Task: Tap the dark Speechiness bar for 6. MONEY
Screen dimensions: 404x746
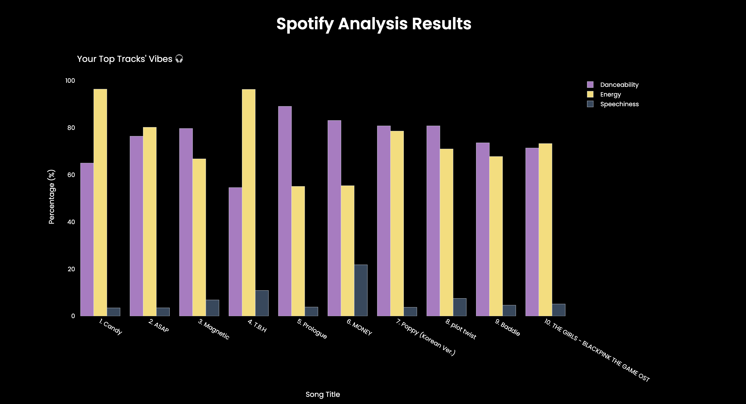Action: coord(361,290)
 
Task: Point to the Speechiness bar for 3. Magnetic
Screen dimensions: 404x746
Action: coord(212,308)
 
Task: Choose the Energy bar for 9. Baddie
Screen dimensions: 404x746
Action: coord(496,236)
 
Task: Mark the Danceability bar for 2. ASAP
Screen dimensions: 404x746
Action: coord(136,226)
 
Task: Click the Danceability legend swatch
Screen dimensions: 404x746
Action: coord(590,85)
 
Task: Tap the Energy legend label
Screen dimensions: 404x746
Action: coord(610,95)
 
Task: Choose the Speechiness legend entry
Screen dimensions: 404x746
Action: coord(619,104)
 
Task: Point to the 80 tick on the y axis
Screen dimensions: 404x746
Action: coord(71,128)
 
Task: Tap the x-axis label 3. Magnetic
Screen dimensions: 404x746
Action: coord(214,329)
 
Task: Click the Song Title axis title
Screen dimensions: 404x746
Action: coord(323,394)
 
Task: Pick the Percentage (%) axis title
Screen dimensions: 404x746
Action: coord(51,197)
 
